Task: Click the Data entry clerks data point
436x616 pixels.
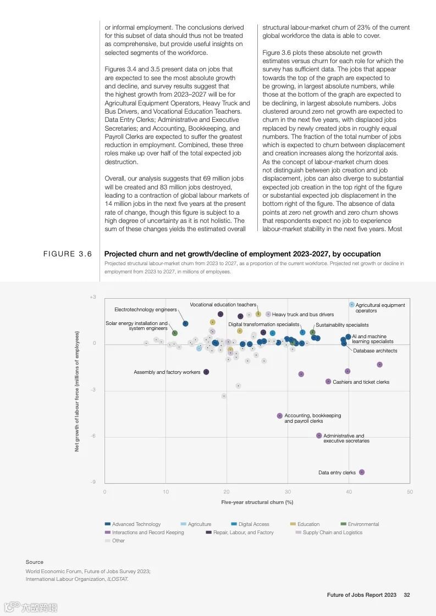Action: pyautogui.click(x=362, y=472)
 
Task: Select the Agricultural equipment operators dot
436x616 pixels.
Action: pyautogui.click(x=352, y=304)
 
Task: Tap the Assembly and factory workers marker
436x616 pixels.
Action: pyautogui.click(x=206, y=372)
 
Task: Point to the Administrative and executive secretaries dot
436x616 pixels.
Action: pyautogui.click(x=319, y=435)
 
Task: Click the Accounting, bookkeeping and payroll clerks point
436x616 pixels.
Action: pyautogui.click(x=280, y=416)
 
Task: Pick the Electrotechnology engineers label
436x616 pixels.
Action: pyautogui.click(x=146, y=310)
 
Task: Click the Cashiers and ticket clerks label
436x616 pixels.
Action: pyautogui.click(x=361, y=382)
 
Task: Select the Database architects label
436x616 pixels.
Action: pyautogui.click(x=375, y=350)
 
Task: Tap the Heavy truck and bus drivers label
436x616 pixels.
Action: pyautogui.click(x=302, y=315)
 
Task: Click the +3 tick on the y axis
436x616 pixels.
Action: pyautogui.click(x=93, y=297)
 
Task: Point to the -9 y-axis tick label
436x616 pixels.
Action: pyautogui.click(x=93, y=481)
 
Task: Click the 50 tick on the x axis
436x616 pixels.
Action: pyautogui.click(x=410, y=492)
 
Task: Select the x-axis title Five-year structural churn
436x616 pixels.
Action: pyautogui.click(x=257, y=502)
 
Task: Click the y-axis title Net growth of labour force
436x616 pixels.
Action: pyautogui.click(x=77, y=391)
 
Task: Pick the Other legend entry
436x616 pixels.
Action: pyautogui.click(x=118, y=541)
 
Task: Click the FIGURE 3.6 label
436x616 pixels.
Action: pyautogui.click(x=68, y=254)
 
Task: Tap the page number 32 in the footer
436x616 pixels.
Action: pyautogui.click(x=407, y=595)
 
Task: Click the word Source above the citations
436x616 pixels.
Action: pyautogui.click(x=34, y=562)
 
